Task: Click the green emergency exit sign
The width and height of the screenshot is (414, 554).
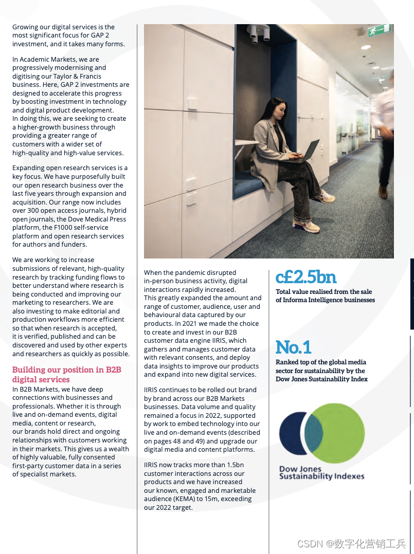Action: click(379, 30)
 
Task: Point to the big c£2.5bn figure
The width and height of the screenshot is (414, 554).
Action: click(305, 277)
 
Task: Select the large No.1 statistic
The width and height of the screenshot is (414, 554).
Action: click(293, 347)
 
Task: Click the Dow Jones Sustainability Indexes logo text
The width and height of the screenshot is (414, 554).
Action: click(321, 473)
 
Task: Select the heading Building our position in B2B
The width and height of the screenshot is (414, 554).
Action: click(66, 370)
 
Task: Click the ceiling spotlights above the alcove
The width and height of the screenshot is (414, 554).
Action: click(260, 33)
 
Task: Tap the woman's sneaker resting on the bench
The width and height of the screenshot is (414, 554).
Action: click(326, 196)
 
